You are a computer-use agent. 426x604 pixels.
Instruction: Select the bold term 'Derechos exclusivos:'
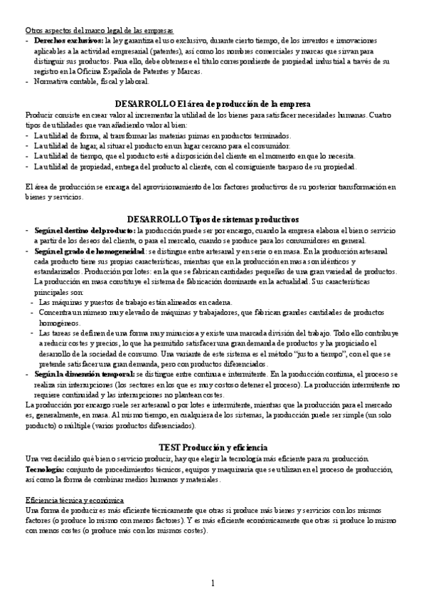pyautogui.click(x=68, y=41)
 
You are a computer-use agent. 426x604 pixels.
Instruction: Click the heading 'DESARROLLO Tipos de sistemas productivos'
pyautogui.click(x=213, y=218)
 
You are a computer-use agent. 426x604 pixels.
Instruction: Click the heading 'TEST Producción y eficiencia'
pyautogui.click(x=213, y=446)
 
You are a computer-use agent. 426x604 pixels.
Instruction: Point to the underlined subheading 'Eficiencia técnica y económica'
pyautogui.click(x=74, y=500)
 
